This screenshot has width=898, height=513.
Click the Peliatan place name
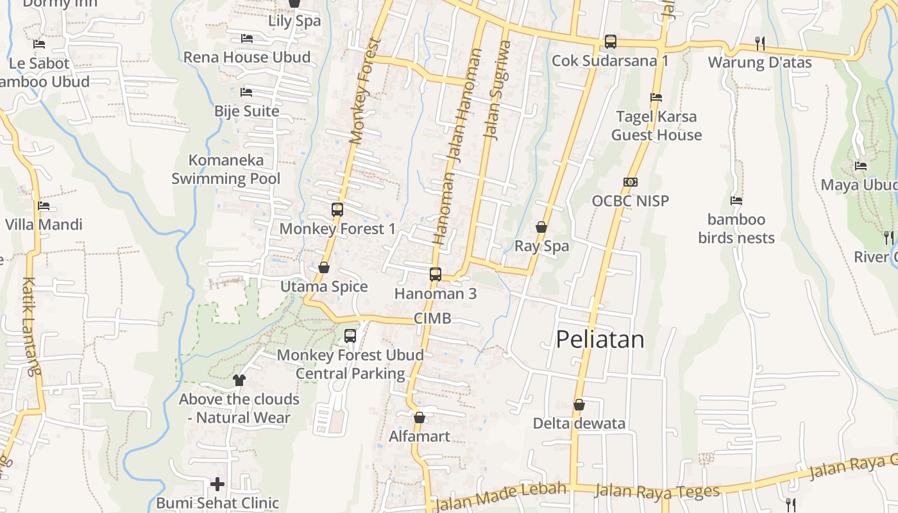pos(600,339)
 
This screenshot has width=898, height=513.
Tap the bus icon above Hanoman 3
pos(436,274)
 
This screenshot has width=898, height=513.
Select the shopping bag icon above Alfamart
pos(419,418)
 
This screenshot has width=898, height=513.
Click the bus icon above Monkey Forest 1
pos(337,209)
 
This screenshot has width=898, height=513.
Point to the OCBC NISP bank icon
pos(631,182)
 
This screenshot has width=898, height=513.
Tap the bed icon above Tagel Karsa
pos(656,97)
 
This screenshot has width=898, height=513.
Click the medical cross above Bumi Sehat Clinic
pos(217,484)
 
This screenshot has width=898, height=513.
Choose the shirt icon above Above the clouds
pos(239,380)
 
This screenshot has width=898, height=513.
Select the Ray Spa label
pos(542,246)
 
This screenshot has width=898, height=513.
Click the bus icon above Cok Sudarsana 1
pos(611,42)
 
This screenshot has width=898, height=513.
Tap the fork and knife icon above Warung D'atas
pos(760,43)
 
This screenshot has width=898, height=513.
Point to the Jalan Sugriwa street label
pos(497,90)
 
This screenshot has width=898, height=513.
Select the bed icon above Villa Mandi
pos(44,206)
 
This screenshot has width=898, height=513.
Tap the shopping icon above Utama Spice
pos(324,267)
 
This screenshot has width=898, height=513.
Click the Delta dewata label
pos(579,424)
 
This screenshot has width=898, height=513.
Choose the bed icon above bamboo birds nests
pos(736,201)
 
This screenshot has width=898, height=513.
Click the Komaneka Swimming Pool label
pos(226,169)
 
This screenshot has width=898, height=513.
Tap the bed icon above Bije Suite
pos(246,92)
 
